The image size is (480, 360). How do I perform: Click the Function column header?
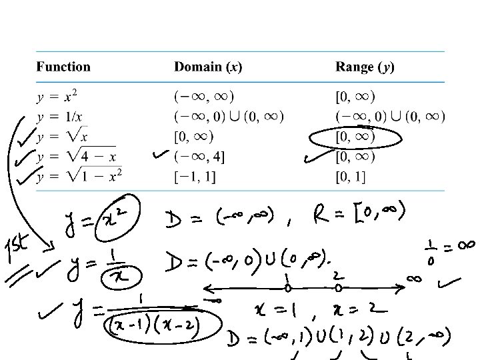click(63, 67)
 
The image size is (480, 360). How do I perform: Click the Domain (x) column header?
click(207, 67)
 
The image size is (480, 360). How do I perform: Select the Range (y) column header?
click(365, 67)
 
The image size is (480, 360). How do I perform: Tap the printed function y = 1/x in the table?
click(59, 117)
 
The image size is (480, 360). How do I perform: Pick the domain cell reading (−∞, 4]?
click(199, 157)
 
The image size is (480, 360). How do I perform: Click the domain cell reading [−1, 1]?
click(195, 177)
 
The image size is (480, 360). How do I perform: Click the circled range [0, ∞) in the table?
click(355, 137)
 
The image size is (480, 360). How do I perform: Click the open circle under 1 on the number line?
click(288, 289)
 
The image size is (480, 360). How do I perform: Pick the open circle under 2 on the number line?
click(338, 289)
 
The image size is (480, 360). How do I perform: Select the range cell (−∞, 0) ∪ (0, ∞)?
click(390, 117)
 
